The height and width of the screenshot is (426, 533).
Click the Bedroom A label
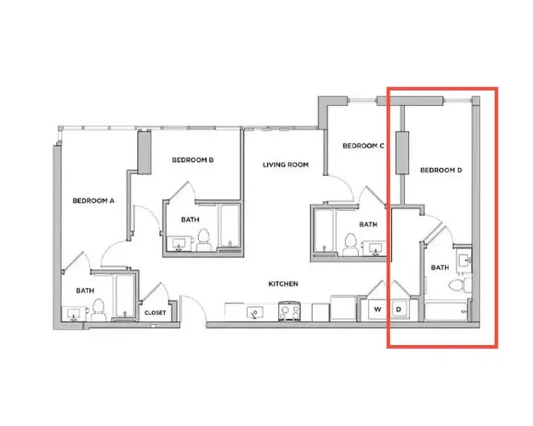tap(94, 201)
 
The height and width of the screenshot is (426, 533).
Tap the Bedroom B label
tap(193, 160)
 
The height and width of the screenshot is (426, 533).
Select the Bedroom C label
tap(364, 146)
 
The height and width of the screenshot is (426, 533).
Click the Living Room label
tap(286, 165)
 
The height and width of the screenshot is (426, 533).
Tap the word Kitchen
tap(282, 284)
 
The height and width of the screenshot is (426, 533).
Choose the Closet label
tap(155, 312)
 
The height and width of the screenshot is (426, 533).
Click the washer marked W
tap(377, 309)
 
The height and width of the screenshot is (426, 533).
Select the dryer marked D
tap(399, 309)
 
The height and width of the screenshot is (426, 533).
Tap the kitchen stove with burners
tap(290, 310)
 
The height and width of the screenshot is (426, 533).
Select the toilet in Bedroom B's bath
tap(204, 239)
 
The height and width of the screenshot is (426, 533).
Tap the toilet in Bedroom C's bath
tap(350, 244)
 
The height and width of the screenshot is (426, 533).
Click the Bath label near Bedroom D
tap(441, 268)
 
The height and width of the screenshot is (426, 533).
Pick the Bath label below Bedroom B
tap(190, 219)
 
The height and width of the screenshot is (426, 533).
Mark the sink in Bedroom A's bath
tap(73, 314)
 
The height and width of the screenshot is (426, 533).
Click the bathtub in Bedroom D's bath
tap(446, 311)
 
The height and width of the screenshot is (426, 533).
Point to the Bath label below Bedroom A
tap(85, 290)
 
